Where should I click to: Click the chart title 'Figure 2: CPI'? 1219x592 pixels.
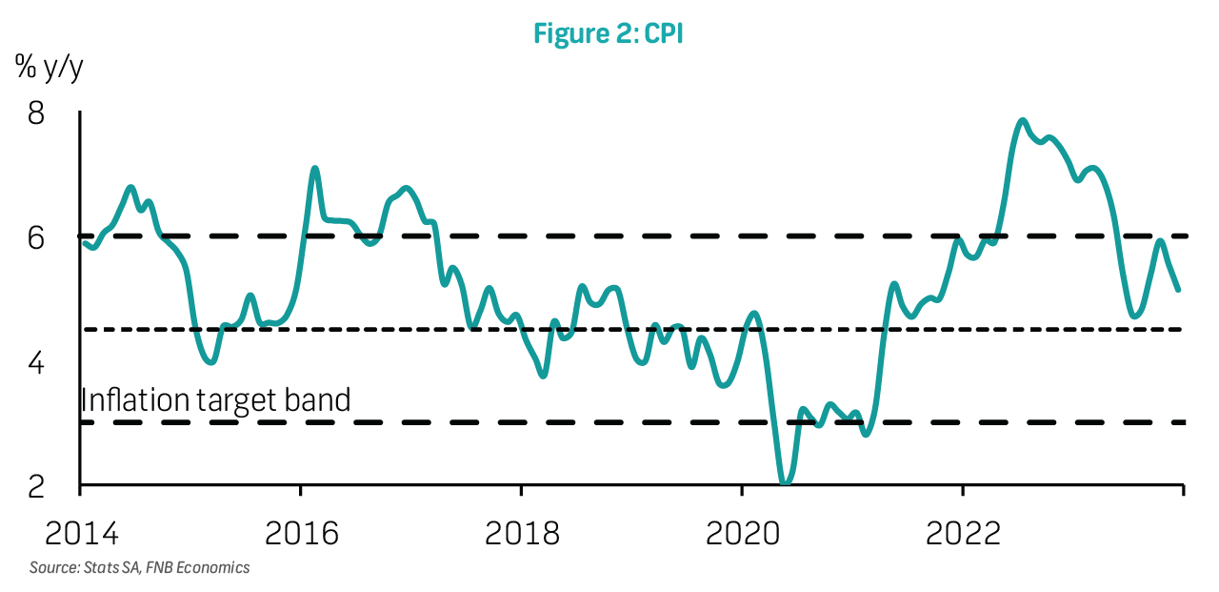pos(608,33)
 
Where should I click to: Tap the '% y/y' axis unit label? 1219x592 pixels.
pos(49,68)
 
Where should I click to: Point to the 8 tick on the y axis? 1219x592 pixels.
pos(36,113)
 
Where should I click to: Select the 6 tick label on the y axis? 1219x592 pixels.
pos(36,238)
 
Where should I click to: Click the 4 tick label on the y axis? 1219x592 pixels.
pos(36,362)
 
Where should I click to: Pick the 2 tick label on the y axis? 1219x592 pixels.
pos(36,486)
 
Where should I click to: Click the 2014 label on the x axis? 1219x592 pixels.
pos(81,533)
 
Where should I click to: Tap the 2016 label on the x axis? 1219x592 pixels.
pos(302,533)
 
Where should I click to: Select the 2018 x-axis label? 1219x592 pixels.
pos(522,533)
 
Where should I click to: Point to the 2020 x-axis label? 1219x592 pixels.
pos(742,533)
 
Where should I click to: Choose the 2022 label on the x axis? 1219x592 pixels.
pos(963,533)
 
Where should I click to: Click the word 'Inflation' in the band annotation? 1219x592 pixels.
pos(136,399)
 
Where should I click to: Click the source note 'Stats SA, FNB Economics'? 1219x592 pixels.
pos(167,567)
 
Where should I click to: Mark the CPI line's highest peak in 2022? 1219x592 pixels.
pos(1023,120)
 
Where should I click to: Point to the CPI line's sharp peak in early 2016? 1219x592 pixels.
pos(314,169)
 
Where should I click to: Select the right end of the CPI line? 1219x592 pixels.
pos(1178,290)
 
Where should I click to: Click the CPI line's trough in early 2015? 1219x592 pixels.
pos(211,361)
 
